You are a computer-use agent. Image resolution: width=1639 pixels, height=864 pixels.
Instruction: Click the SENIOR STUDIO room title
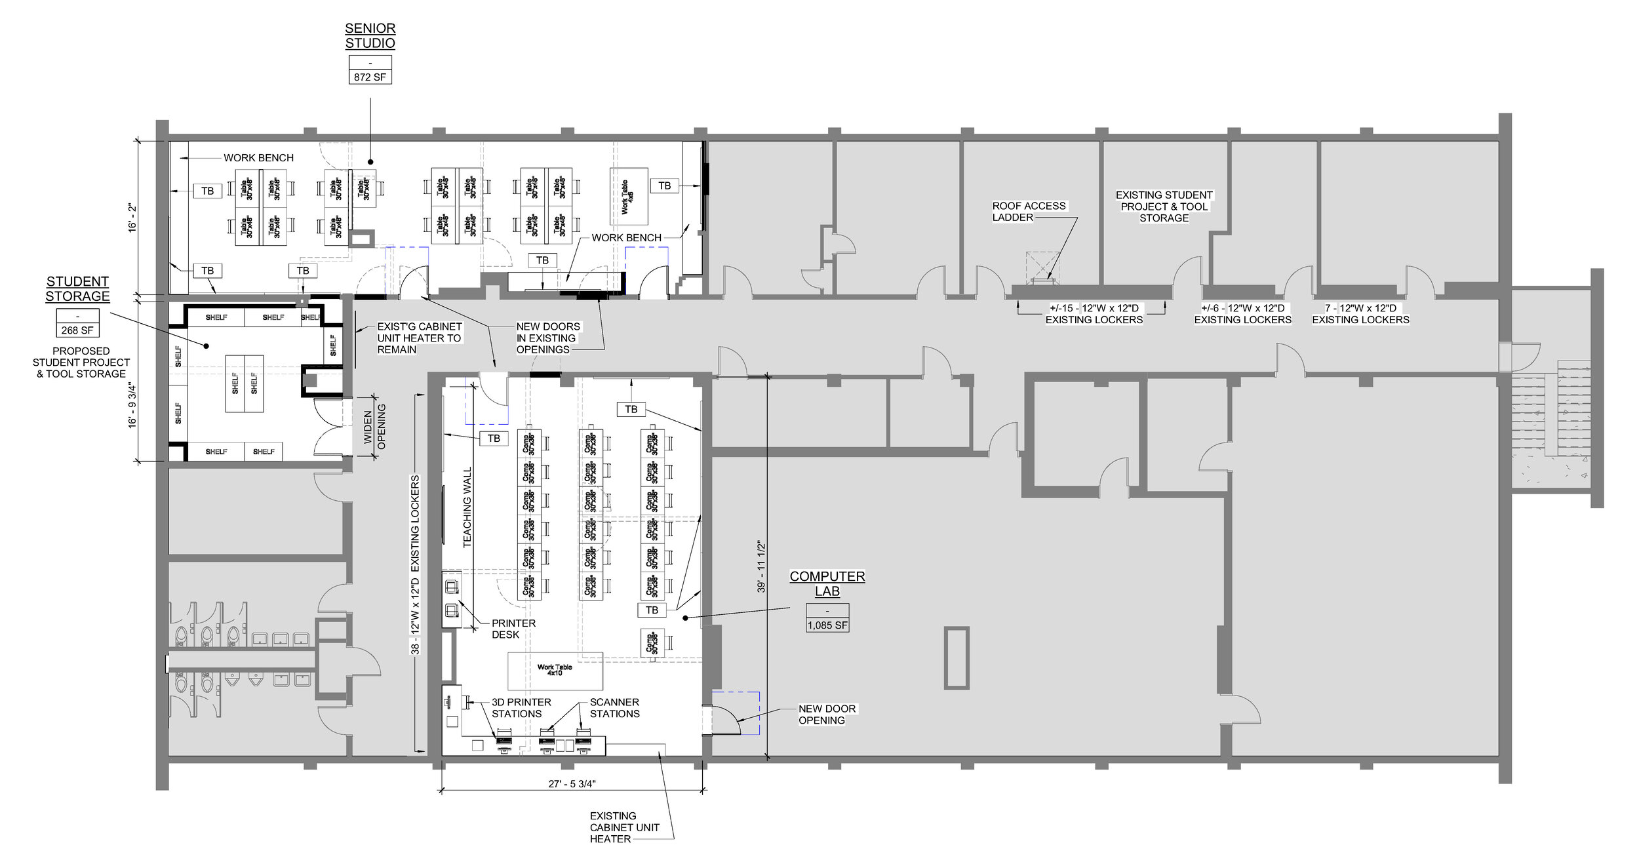pos(370,36)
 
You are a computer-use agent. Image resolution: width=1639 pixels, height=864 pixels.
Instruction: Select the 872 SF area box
pos(370,77)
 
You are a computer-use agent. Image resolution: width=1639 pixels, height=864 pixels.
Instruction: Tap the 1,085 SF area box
pos(827,625)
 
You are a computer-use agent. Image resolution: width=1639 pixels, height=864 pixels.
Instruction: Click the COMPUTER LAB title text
pos(827,583)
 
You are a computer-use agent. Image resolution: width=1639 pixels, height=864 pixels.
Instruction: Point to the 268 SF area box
pos(77,330)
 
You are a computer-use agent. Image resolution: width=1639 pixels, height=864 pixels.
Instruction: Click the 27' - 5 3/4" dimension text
pos(572,783)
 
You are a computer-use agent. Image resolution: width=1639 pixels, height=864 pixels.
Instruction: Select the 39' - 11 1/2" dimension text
pos(761,567)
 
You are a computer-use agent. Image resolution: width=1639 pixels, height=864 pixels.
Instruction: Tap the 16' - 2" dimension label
pos(133,217)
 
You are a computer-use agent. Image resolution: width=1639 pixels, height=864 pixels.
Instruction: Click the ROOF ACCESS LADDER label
pos(1028,211)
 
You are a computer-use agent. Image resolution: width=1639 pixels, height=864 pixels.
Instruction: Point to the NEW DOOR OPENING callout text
pos(826,714)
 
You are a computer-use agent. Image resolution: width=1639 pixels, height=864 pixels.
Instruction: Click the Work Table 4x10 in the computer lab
pos(555,670)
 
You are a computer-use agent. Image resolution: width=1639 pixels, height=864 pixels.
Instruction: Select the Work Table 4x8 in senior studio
pos(628,197)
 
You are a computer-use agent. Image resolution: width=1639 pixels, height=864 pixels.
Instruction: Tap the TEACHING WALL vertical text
pos(467,506)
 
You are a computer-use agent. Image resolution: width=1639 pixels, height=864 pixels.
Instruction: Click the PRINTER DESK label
pos(513,628)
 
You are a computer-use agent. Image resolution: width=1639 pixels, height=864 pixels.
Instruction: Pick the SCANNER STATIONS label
pos(614,707)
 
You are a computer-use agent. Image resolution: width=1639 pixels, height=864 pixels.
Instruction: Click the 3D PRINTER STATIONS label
pos(521,707)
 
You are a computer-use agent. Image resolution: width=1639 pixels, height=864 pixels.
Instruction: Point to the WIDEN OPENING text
pos(375,427)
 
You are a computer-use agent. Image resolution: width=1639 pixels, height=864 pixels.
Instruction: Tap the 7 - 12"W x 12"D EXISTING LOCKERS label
pos(1360,313)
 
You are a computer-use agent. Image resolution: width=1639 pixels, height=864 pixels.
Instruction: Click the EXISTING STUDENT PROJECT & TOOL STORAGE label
pos(1164,206)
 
